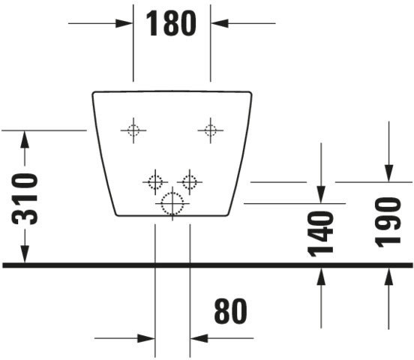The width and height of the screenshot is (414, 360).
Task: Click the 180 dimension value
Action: click(x=171, y=23)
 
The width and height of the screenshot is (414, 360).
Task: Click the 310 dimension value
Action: click(x=25, y=199)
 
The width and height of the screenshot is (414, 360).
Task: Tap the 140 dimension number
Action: click(x=320, y=234)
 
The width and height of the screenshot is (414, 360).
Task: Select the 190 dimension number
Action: click(x=388, y=223)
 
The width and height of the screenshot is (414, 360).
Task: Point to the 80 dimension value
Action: click(x=230, y=311)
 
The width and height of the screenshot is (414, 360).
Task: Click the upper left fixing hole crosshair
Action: click(x=133, y=130)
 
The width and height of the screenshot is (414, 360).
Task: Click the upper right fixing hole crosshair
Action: click(x=211, y=130)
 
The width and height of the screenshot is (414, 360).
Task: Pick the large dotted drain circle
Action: click(x=172, y=204)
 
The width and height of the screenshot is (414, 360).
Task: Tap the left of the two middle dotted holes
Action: click(x=155, y=182)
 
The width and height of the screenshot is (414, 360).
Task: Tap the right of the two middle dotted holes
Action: click(x=190, y=182)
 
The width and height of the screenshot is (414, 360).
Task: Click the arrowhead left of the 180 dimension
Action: click(x=124, y=23)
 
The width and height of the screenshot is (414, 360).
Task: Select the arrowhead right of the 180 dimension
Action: click(x=220, y=23)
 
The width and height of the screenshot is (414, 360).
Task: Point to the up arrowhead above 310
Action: click(x=25, y=139)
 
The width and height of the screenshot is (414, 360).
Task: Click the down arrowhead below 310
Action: click(x=25, y=253)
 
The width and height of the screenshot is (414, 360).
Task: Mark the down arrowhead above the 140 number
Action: click(x=321, y=194)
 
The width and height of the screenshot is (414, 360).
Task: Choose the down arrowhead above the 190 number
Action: click(x=388, y=173)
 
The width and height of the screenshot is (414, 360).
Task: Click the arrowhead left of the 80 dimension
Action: click(x=146, y=338)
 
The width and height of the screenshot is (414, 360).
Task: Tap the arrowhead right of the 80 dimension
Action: click(x=199, y=338)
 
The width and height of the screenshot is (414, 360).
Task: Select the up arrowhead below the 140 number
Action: click(x=321, y=276)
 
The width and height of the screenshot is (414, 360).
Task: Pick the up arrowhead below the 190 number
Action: click(x=388, y=276)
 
